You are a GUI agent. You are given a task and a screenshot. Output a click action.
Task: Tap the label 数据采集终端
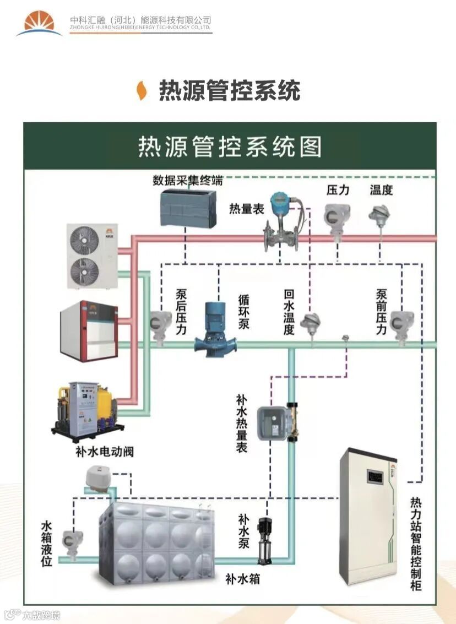point(188,180)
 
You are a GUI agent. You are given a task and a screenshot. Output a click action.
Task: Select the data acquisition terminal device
point(188,208)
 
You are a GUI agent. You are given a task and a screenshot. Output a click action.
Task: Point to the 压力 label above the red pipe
point(338,190)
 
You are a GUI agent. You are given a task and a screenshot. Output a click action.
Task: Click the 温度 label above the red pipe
point(381,190)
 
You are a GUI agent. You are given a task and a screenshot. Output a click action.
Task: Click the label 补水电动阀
point(105,452)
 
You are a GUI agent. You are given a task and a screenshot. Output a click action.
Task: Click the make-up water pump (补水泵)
point(264,540)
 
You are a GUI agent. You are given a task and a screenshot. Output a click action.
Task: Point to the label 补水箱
point(242,579)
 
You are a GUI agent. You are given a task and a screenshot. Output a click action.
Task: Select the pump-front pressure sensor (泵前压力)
point(401,324)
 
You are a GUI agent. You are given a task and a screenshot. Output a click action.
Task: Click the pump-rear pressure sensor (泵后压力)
point(160,324)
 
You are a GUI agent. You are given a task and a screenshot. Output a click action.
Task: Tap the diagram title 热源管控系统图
point(230,146)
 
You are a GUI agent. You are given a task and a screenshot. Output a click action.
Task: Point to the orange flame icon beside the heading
point(142,90)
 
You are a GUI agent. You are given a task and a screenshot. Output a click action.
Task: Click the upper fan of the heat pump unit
point(84,237)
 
